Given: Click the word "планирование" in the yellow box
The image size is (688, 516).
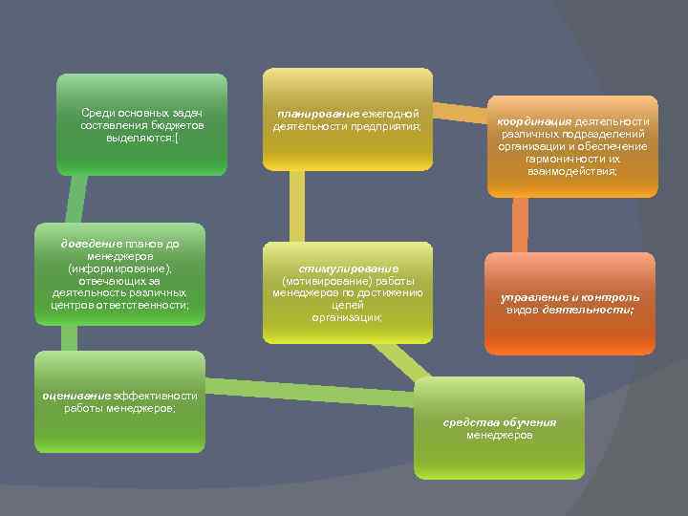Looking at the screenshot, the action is (305, 114).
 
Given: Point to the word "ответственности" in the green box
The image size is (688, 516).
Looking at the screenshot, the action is (148, 305).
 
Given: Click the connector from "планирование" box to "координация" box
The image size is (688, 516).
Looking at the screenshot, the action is (459, 113).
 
